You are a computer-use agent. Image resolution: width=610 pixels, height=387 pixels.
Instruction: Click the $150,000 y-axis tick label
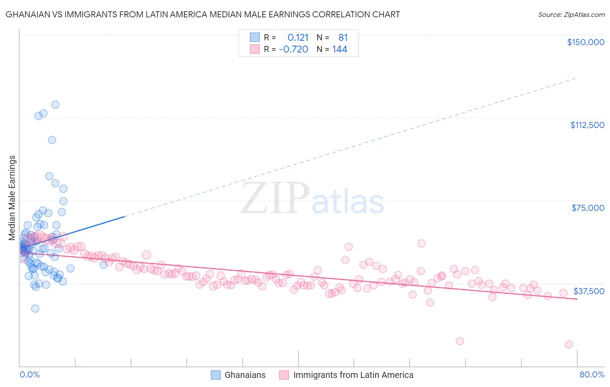pos(585,42)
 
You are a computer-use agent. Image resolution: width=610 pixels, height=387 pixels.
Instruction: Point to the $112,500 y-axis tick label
pos(587,125)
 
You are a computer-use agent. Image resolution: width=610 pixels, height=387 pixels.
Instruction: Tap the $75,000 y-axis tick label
pos(587,208)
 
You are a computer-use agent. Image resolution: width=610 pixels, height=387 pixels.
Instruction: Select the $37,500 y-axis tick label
pos(588,291)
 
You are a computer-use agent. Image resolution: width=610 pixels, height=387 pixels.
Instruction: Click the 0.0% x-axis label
pos(30,374)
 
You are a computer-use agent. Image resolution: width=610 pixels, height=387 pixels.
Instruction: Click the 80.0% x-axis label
pos(592,374)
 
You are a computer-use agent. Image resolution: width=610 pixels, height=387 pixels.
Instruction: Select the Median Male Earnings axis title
pos(12,198)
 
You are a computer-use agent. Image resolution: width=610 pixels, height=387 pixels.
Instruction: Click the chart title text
pos(203,14)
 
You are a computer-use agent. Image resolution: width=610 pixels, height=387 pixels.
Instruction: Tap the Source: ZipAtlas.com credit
pos(571,14)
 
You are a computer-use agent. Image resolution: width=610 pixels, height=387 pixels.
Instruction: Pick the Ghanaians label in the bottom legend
pos(245,375)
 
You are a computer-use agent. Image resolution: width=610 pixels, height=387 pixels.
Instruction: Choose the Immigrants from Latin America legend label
pos(353,375)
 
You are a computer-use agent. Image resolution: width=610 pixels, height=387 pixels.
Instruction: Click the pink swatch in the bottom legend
pos(284,375)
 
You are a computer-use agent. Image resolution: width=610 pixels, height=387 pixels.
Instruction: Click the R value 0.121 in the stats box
pos(298,37)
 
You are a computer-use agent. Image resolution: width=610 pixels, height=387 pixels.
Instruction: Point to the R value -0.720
pos(294,49)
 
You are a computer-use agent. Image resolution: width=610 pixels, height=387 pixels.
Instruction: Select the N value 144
pos(340,49)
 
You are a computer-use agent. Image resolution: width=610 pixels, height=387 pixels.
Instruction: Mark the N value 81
pos(343,37)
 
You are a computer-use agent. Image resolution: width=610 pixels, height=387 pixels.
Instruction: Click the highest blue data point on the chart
pos(55,105)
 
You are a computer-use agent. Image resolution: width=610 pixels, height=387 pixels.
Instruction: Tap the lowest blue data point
pos(35,308)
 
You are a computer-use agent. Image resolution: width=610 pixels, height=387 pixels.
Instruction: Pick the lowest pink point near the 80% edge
pos(569,344)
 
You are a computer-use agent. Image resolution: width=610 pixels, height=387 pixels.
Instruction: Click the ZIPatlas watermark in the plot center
pos(312,199)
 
